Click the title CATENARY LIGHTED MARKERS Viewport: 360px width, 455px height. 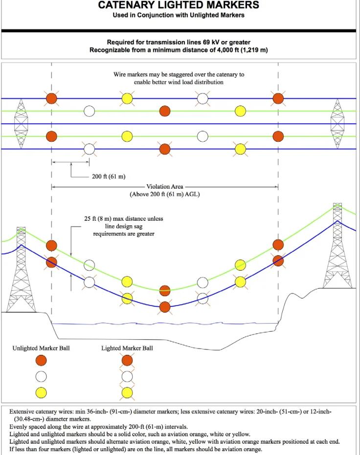click(179, 5)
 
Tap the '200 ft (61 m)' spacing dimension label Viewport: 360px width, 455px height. click(109, 176)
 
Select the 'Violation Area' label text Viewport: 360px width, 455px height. click(165, 187)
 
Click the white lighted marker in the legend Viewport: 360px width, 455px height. click(127, 377)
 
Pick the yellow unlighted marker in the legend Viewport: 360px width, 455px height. click(41, 393)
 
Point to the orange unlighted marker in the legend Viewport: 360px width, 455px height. click(41, 360)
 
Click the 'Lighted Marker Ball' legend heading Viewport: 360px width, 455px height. click(127, 348)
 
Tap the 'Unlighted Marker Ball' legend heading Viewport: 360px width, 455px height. click(41, 348)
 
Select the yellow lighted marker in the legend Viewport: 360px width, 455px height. click(127, 393)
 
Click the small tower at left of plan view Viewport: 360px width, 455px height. click(21, 124)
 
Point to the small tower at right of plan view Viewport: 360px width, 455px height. click(337, 124)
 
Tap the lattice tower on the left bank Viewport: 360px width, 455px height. click(21, 270)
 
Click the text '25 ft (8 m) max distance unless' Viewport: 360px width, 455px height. click(124, 218)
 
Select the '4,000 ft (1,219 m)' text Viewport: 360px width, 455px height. click(243, 50)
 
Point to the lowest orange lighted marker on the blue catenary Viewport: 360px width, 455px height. click(165, 307)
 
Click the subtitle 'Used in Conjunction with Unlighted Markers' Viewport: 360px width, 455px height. click(179, 15)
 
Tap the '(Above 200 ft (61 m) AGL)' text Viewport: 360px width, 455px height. click(165, 194)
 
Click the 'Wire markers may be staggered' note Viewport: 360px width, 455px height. click(179, 78)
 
